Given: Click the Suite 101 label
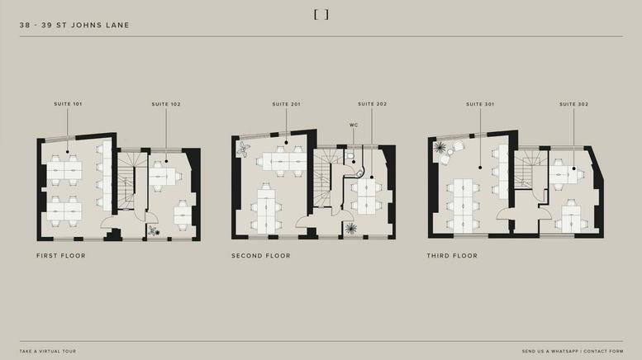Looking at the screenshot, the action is [68, 104].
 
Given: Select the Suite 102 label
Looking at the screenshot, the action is [166, 104].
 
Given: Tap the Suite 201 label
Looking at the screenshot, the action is [286, 104].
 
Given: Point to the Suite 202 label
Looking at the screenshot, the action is [372, 104].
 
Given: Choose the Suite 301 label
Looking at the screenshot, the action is [480, 104].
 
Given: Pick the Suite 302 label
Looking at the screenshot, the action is [573, 104].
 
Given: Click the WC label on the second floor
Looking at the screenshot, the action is [354, 125].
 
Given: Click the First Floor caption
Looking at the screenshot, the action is [61, 256].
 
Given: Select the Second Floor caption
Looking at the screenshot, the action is [261, 256].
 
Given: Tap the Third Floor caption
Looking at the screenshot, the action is [452, 256].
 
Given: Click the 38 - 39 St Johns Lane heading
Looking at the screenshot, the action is [74, 25].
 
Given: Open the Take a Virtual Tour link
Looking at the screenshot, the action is [48, 351].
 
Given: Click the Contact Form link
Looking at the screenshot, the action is [603, 351].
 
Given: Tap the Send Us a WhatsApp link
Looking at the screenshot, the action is [550, 351].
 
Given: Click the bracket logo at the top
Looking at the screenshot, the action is [321, 15].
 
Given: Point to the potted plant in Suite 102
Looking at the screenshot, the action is [154, 230].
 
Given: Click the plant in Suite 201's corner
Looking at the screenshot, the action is [243, 149].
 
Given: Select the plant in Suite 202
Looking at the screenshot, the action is [350, 228].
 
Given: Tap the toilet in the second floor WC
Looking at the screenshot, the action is [350, 155].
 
